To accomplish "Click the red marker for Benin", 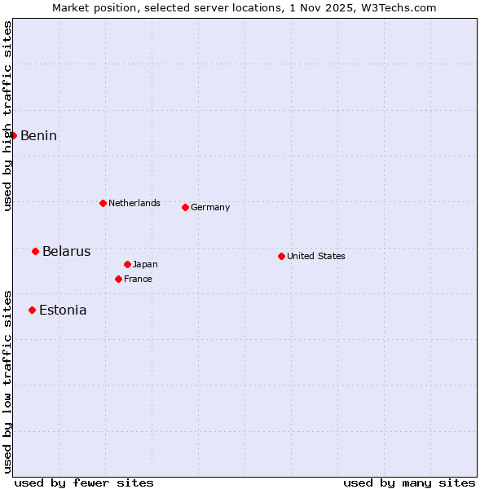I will pyautogui.click(x=14, y=135).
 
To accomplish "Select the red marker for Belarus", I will pyautogui.click(x=36, y=251).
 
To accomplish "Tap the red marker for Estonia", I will pyautogui.click(x=33, y=310).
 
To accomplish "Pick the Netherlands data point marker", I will pyautogui.click(x=104, y=203).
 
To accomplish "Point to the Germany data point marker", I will pyautogui.click(x=186, y=207).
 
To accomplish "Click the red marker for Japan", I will pyautogui.click(x=128, y=264).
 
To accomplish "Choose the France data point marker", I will pyautogui.click(x=119, y=279).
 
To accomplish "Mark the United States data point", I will pyautogui.click(x=282, y=256).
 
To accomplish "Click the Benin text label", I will pyautogui.click(x=38, y=135).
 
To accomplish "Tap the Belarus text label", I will pyautogui.click(x=66, y=251).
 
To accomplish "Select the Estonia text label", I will pyautogui.click(x=63, y=310).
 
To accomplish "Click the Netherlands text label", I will pyautogui.click(x=134, y=203).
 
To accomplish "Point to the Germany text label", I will pyautogui.click(x=210, y=207).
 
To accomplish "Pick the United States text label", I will pyautogui.click(x=315, y=256).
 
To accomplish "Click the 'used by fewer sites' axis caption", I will pyautogui.click(x=84, y=482).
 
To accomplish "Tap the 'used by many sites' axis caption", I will pyautogui.click(x=409, y=482).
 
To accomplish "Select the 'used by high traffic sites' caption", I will pyautogui.click(x=7, y=117).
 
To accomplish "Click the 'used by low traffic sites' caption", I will pyautogui.click(x=7, y=381).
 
